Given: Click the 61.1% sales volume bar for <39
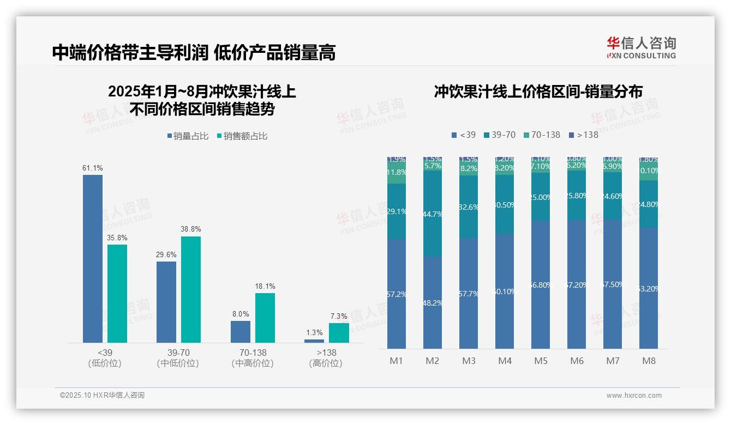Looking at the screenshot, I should coord(93,258).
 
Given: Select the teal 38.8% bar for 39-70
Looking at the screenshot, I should coord(191,289).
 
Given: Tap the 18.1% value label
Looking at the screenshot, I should coord(265,286).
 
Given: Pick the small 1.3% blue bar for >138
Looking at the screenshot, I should coord(314,341).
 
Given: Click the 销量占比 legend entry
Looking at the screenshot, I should coord(187,136).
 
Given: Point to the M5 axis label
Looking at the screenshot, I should coord(541,361).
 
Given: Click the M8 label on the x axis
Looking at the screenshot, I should coord(649,361).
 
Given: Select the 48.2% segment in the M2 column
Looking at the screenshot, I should coord(433,303).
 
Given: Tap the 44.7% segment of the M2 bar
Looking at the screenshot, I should coord(433,214).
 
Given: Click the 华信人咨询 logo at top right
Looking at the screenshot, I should coord(641,47).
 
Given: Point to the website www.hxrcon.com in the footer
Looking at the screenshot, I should coord(634,396).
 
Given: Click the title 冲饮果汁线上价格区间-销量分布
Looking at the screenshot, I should coord(538,92).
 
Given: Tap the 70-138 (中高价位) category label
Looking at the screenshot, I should coord(252,357).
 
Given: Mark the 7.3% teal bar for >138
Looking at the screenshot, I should coord(339,333).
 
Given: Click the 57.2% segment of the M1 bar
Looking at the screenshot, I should coord(397,294).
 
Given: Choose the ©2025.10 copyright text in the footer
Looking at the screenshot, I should coord(102,396).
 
